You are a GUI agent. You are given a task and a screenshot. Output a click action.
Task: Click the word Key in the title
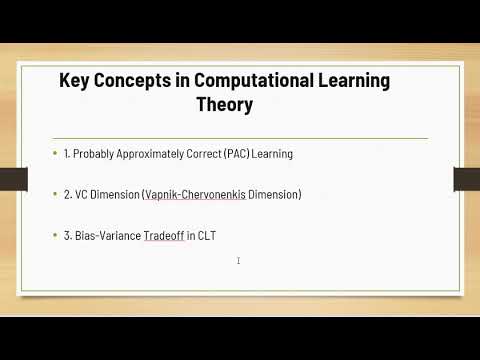point(76,79)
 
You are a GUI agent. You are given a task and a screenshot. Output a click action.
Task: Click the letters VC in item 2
point(81,194)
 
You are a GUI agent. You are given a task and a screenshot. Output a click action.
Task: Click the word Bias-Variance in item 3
point(107,235)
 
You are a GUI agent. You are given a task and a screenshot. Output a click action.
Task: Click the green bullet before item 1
point(54,154)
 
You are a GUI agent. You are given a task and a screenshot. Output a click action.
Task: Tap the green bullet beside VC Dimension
point(54,194)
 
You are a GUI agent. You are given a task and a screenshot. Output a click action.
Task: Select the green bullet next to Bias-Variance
point(54,235)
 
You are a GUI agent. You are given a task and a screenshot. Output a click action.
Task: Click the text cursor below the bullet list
point(238,261)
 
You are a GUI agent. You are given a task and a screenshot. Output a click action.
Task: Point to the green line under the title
point(240,137)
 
